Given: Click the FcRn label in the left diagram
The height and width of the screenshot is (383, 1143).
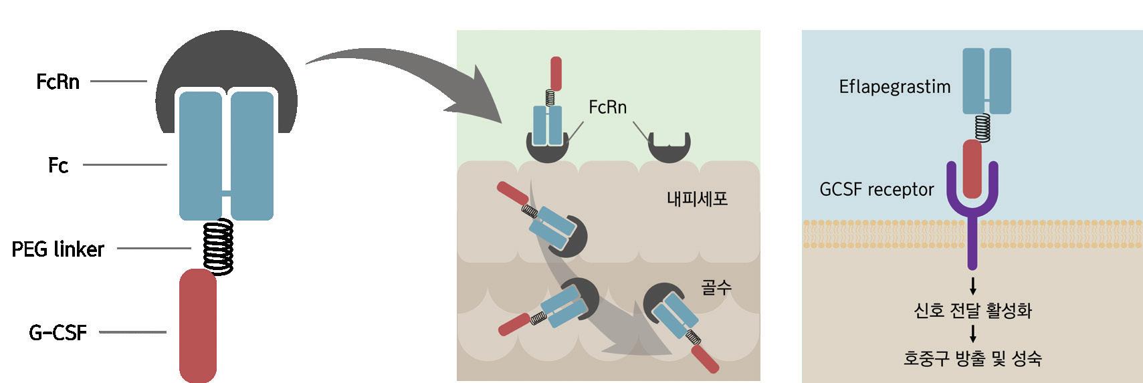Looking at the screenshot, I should tap(58, 82).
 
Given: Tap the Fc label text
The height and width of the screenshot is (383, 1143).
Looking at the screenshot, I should tap(58, 165).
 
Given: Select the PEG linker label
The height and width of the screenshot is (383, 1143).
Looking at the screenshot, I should tap(58, 249).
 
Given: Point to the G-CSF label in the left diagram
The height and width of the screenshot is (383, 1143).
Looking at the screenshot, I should tap(58, 332).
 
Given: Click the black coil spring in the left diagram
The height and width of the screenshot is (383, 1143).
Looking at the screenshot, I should tap(218, 245).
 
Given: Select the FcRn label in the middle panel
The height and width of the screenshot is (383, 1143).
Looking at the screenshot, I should tap(607, 107).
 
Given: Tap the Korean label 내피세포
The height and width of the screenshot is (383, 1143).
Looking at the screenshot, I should tap(697, 199).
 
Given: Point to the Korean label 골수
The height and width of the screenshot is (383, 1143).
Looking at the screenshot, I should tap(716, 287).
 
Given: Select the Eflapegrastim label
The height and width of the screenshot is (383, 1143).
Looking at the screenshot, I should tap(894, 87).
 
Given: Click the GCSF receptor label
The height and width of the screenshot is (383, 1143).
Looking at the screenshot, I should tap(876, 190).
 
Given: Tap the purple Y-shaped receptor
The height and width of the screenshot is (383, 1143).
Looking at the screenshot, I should tap(972, 221).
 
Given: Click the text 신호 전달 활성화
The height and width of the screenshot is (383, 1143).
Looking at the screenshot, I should tap(972, 311).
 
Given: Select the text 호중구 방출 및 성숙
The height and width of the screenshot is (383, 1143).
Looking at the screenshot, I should tap(972, 359).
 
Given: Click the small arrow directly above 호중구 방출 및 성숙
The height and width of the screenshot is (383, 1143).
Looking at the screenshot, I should tap(972, 334).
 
